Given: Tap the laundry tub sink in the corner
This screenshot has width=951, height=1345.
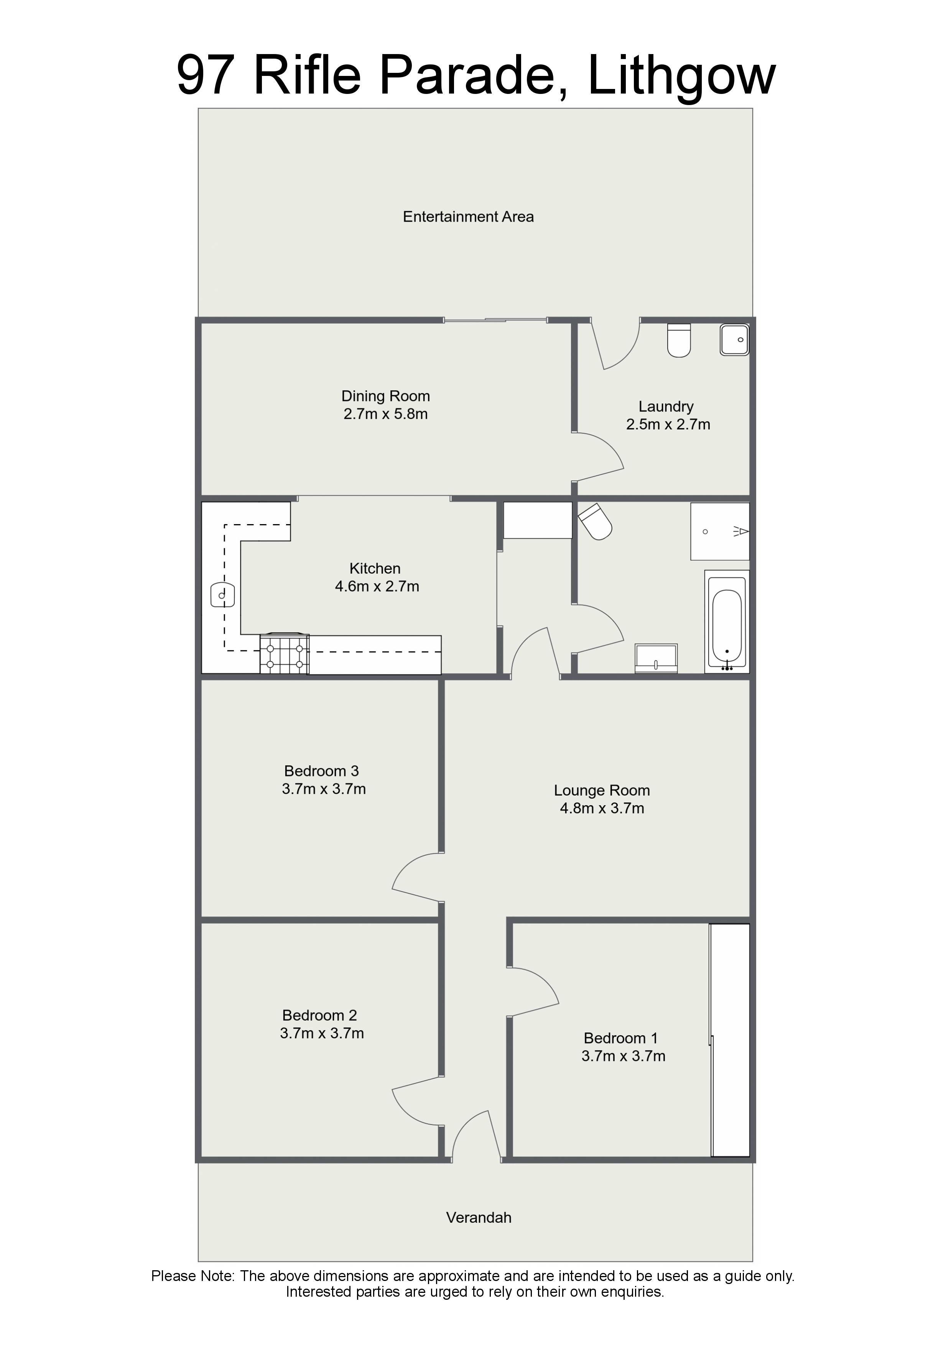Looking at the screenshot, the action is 734,339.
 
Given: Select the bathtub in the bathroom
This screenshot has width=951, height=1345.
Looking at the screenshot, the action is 727,622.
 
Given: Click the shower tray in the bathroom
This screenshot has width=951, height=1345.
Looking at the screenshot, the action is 720,531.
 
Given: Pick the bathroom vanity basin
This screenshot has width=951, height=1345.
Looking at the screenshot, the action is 656,658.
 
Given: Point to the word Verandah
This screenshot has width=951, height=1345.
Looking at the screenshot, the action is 479,1218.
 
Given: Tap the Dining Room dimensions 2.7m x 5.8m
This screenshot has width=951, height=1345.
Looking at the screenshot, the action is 385,414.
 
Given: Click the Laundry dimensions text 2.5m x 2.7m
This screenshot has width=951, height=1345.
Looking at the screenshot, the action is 668,425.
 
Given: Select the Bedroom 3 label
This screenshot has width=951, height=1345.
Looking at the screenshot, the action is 322,771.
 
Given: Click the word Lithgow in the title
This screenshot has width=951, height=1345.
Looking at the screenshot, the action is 681,76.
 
